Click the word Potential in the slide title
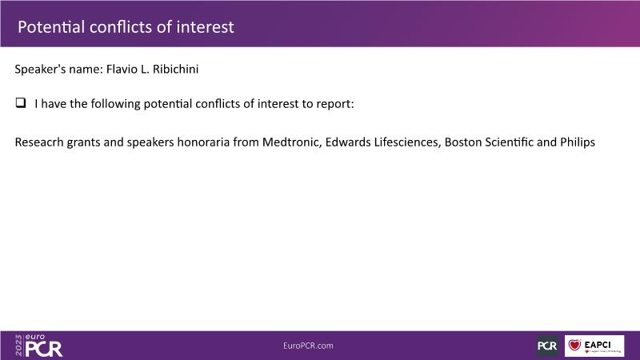tap(51, 27)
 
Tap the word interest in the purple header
tap(205, 27)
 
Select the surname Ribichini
tap(175, 69)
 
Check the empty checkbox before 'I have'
tap(21, 102)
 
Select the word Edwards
tap(348, 142)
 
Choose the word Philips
tap(578, 142)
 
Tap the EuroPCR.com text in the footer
tap(308, 346)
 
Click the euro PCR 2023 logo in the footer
tap(38, 346)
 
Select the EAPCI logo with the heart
tap(594, 346)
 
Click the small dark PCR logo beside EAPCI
tap(547, 346)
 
